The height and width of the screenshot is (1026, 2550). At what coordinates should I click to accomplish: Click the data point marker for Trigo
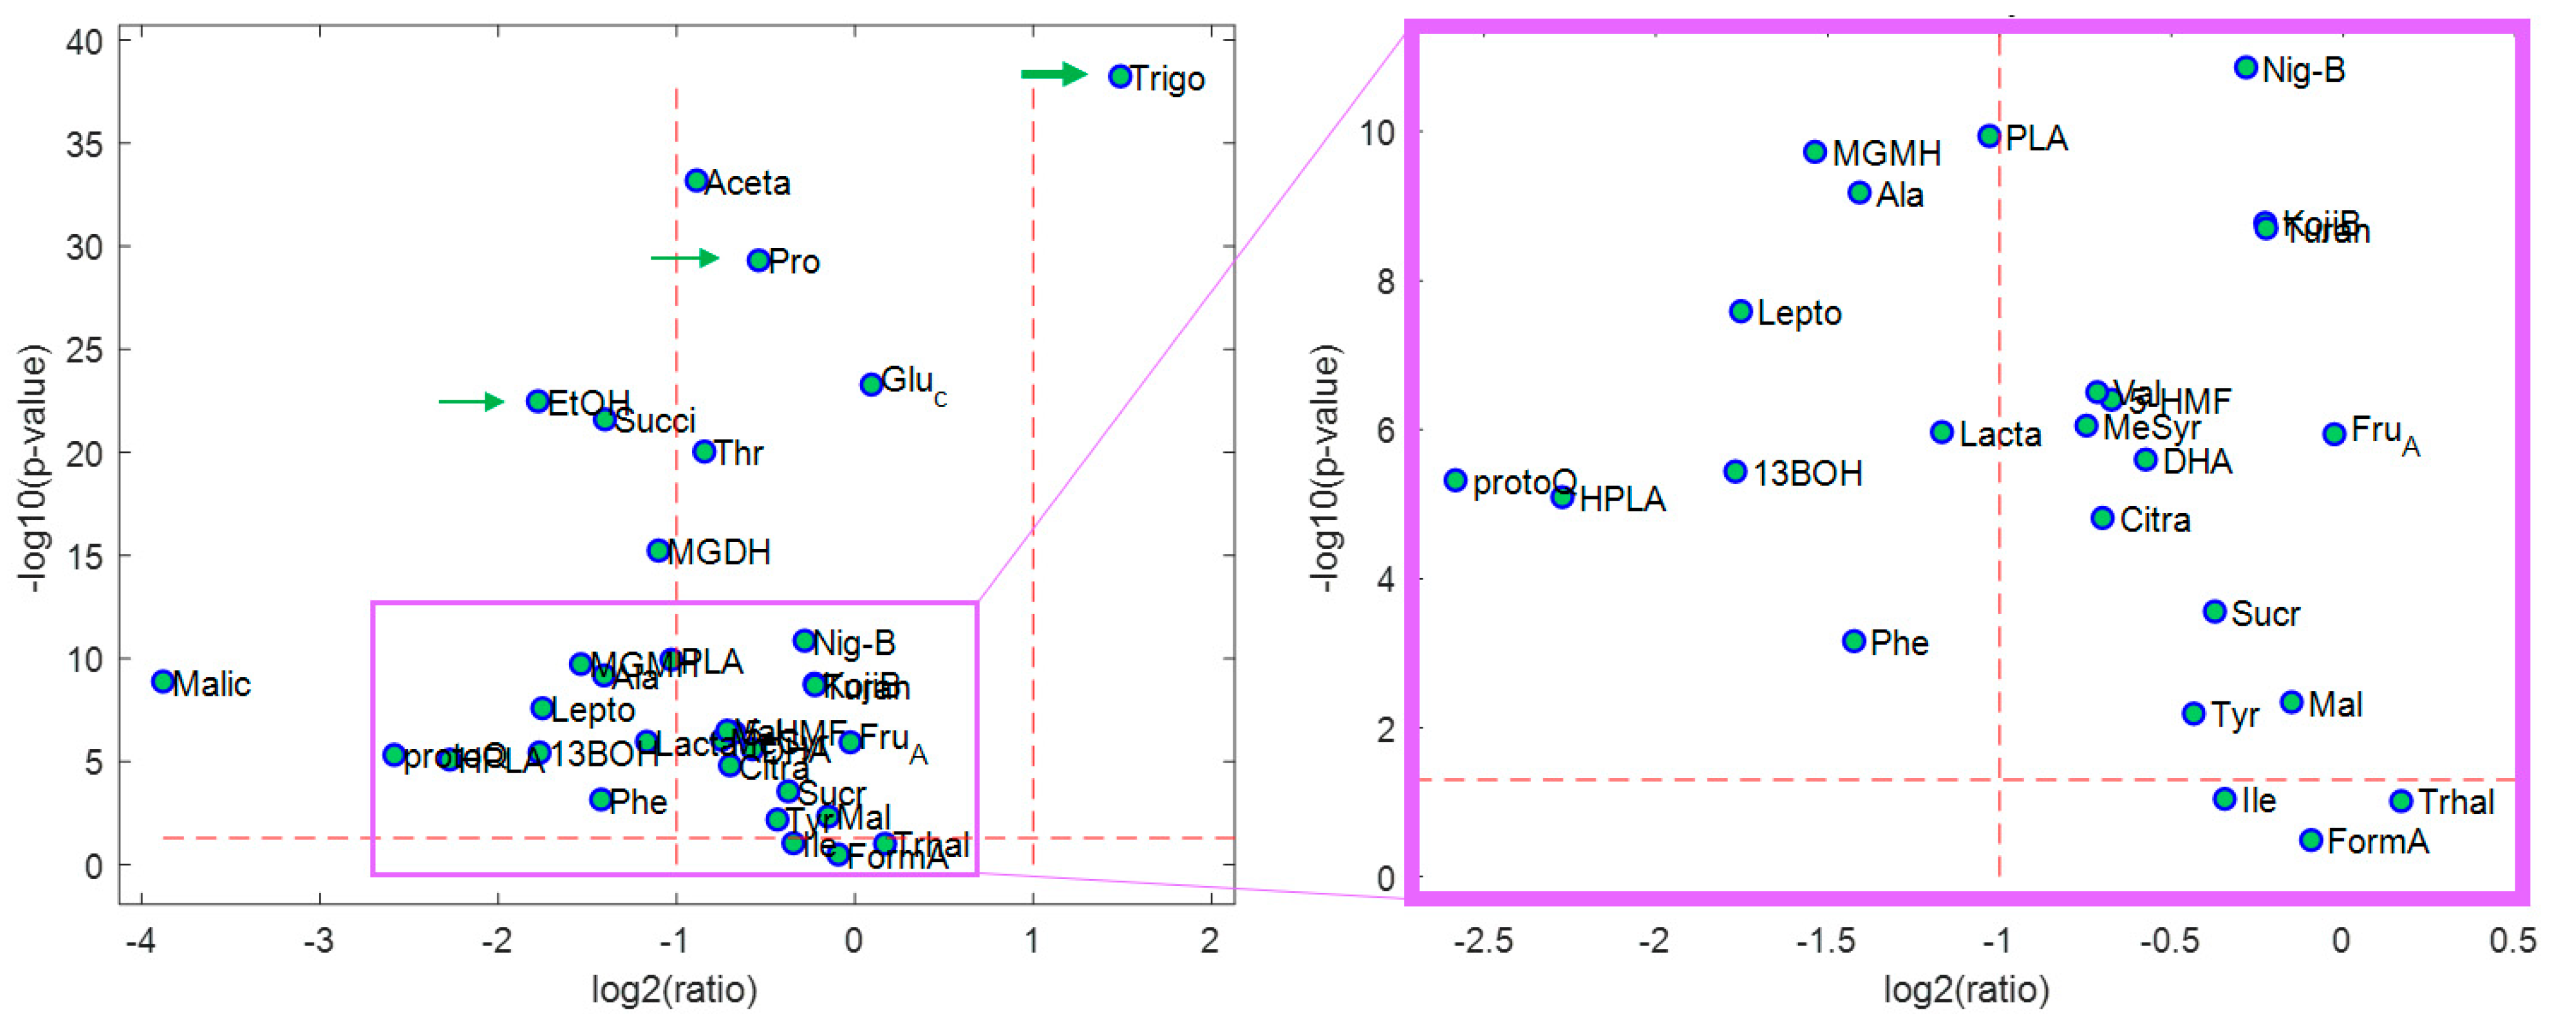(1119, 76)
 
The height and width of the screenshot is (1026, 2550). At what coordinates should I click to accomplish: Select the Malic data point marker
(163, 682)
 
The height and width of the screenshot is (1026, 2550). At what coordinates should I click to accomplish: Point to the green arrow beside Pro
(684, 258)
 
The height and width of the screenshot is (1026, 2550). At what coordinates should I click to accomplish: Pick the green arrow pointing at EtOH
(471, 401)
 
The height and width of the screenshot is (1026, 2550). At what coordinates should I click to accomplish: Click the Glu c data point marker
(870, 384)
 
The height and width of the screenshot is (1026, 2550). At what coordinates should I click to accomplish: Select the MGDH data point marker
(658, 551)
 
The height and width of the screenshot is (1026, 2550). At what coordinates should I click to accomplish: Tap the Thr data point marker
(704, 452)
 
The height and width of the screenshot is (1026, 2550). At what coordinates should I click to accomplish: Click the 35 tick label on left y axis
(84, 144)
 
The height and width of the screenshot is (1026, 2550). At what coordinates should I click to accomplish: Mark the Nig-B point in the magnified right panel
(2245, 68)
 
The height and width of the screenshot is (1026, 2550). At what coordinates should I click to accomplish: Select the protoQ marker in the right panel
(1454, 480)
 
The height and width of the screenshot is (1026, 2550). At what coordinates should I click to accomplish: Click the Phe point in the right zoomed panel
(1853, 641)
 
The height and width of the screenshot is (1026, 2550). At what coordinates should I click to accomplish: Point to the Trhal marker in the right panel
(2401, 801)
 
